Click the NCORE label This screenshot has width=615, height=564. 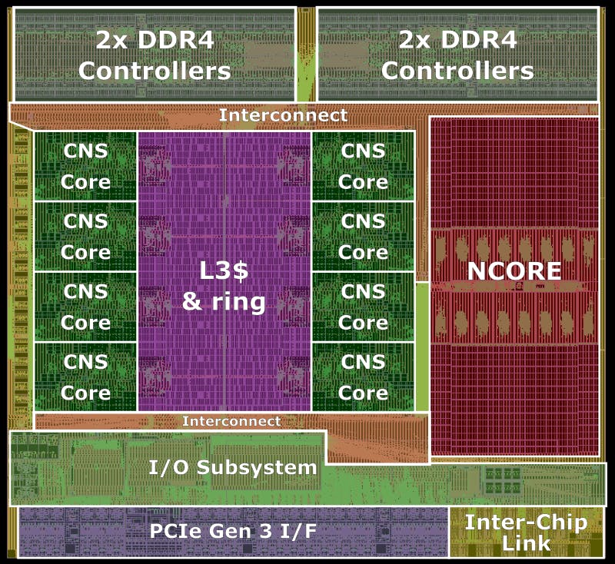(x=514, y=270)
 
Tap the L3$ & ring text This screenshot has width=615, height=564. (x=224, y=286)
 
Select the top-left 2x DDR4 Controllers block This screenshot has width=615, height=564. (x=155, y=55)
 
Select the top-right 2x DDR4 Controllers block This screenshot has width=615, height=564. (x=457, y=55)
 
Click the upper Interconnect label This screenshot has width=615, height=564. (x=283, y=115)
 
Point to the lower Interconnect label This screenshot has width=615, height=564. (x=231, y=421)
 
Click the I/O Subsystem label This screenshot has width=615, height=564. (x=232, y=467)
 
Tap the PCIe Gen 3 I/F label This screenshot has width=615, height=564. (x=232, y=530)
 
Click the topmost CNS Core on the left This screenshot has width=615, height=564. (x=85, y=166)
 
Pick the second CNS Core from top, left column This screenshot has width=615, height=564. (x=85, y=236)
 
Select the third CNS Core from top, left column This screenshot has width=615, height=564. (x=85, y=306)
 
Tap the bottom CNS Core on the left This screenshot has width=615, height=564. (x=85, y=376)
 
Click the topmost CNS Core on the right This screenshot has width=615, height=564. (x=364, y=166)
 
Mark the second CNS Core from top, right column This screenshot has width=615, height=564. (x=364, y=236)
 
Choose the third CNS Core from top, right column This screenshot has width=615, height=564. (x=364, y=306)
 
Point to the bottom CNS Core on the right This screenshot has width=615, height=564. (x=364, y=376)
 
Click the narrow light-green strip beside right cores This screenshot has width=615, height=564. (x=422, y=346)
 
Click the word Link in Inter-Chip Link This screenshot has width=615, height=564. (x=527, y=543)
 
